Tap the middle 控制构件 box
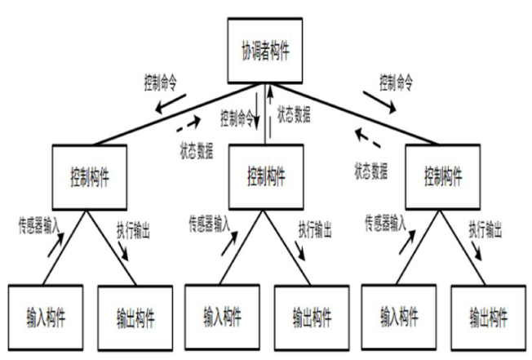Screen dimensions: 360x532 pyautogui.click(x=265, y=173)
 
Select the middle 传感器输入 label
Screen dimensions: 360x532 pyautogui.click(x=210, y=220)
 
